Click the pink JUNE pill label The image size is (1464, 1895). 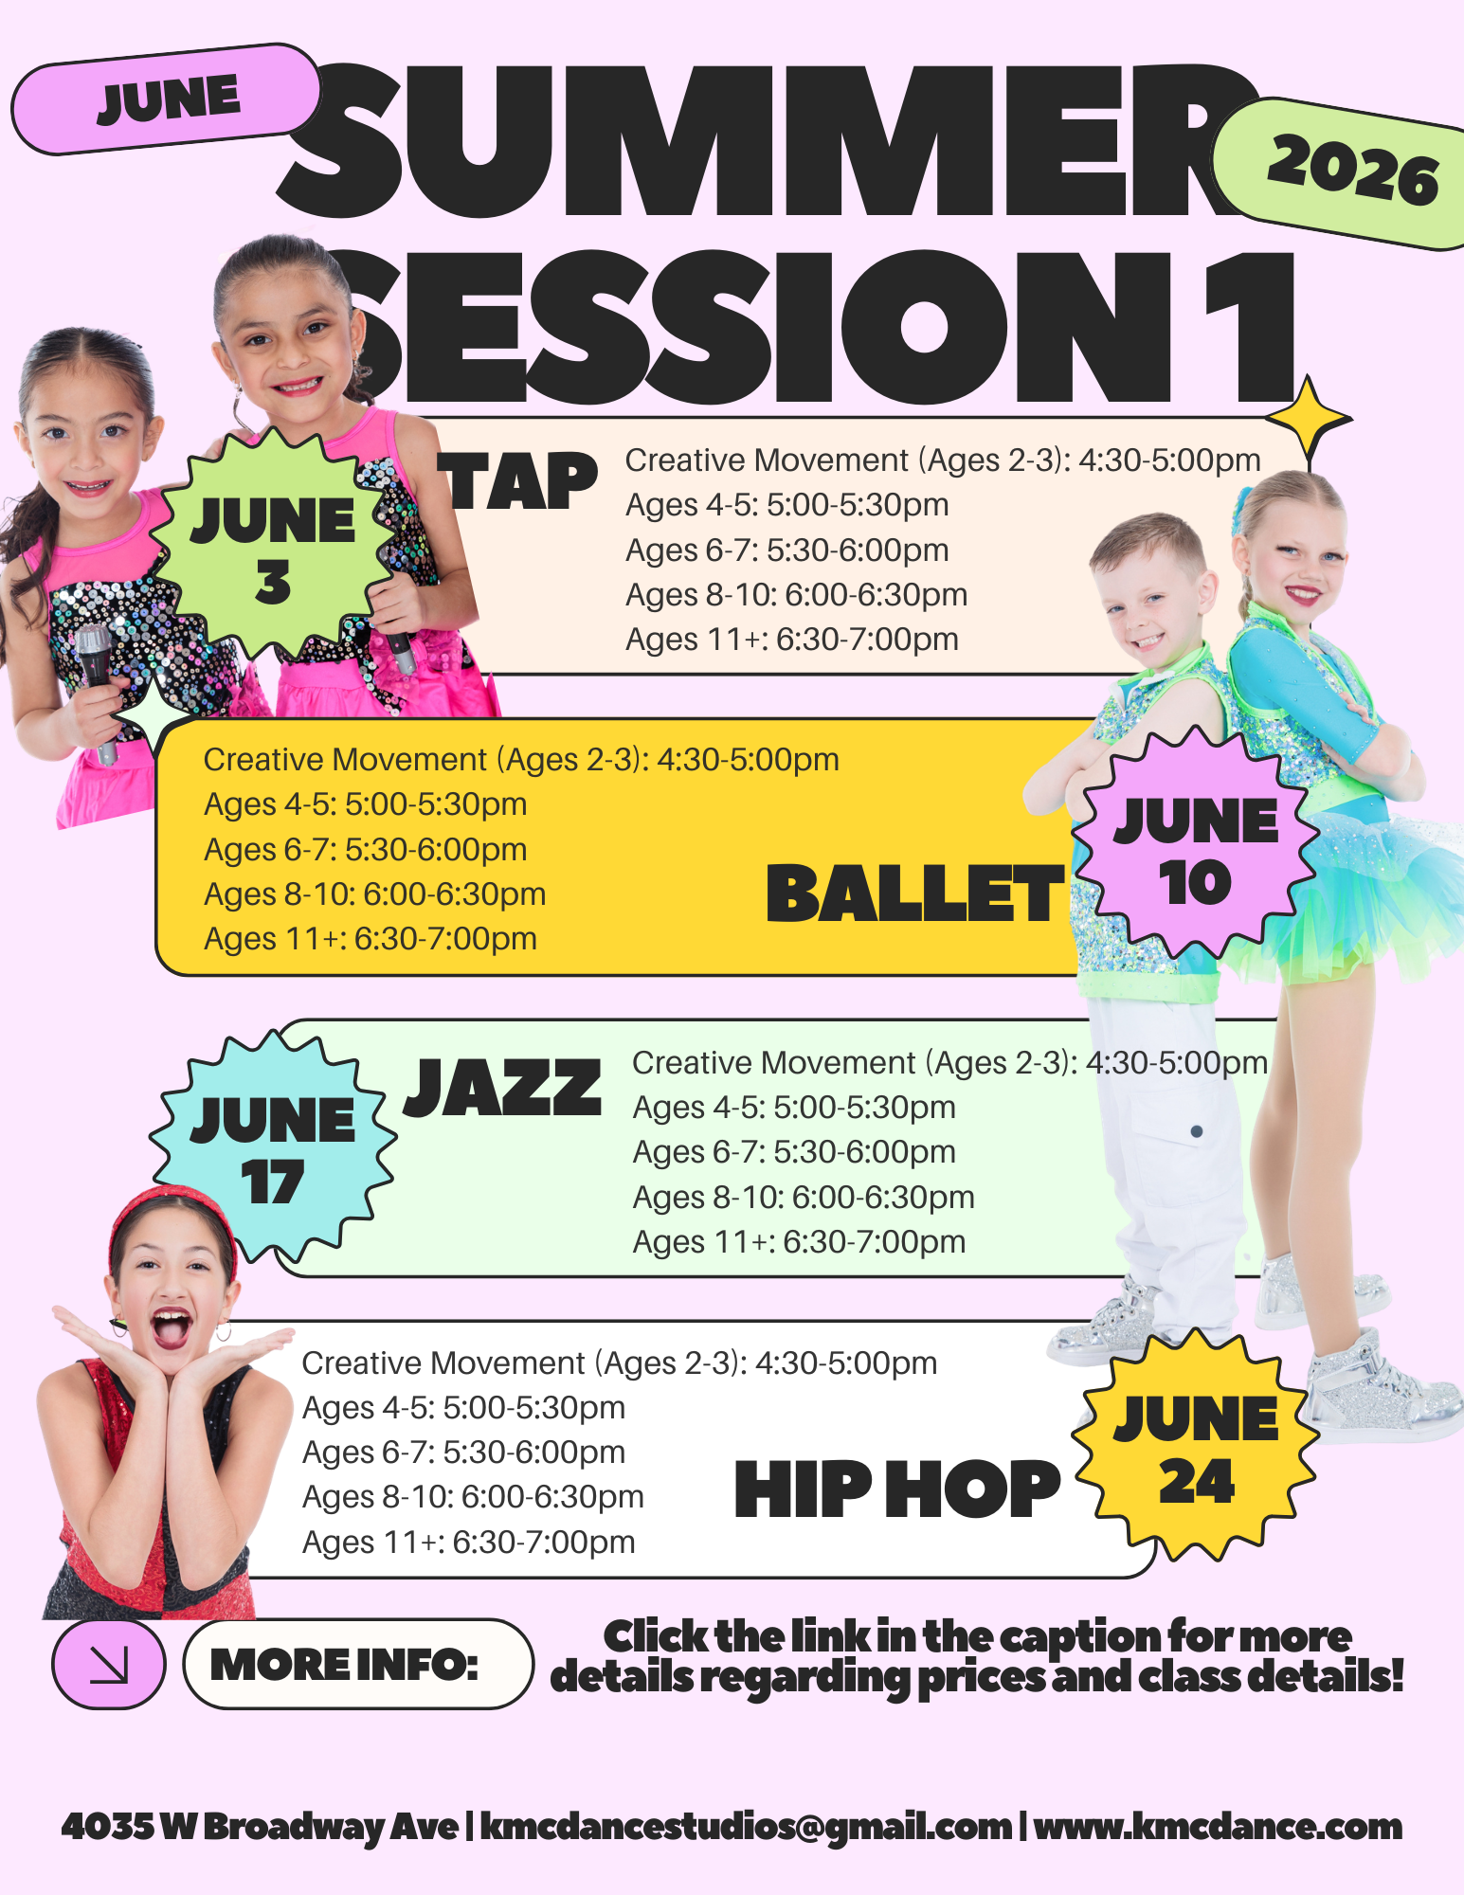click(x=167, y=99)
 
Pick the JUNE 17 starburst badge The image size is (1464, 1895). click(x=273, y=1148)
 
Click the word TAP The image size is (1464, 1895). click(x=517, y=482)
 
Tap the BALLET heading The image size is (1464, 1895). click(x=914, y=893)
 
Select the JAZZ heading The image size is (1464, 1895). click(x=503, y=1088)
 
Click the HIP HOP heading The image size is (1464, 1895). click(x=897, y=1489)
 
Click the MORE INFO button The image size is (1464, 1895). click(x=358, y=1664)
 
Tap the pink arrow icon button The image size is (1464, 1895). click(x=109, y=1665)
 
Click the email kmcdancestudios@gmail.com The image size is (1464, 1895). click(x=746, y=1827)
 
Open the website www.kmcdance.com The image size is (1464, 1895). click(x=1218, y=1826)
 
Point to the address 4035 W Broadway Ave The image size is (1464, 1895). click(x=260, y=1827)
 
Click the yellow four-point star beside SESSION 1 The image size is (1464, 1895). click(x=1309, y=418)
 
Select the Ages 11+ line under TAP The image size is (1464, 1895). click(x=792, y=640)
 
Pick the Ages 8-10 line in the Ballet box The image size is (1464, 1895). click(x=375, y=893)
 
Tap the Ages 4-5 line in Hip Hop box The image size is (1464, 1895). click(x=464, y=1408)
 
